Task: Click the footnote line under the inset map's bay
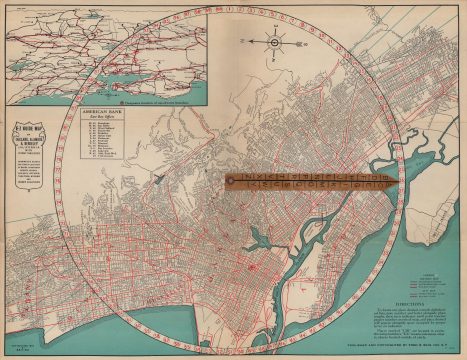click(150, 101)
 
